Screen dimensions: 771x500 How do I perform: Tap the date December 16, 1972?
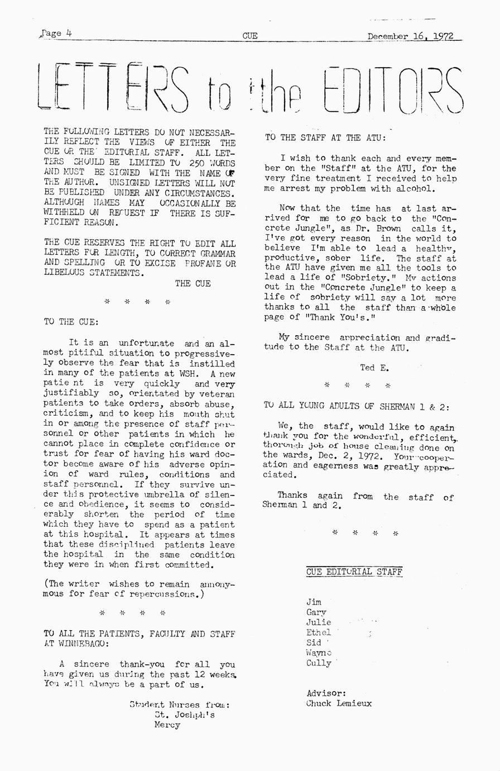click(410, 37)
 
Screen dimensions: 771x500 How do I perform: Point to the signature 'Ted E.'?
click(374, 368)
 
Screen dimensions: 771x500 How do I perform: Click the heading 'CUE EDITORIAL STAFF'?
click(354, 572)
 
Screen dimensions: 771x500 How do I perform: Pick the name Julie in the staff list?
click(319, 622)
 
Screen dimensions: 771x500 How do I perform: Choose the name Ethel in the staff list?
click(319, 632)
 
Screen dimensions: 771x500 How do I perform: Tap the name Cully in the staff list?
click(319, 663)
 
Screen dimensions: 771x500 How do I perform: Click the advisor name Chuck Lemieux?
click(339, 703)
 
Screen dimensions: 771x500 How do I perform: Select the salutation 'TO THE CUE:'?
click(71, 322)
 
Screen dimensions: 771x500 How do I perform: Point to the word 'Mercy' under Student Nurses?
click(167, 725)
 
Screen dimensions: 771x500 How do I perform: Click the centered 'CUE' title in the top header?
click(250, 36)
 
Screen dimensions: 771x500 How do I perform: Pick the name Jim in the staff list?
click(314, 602)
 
